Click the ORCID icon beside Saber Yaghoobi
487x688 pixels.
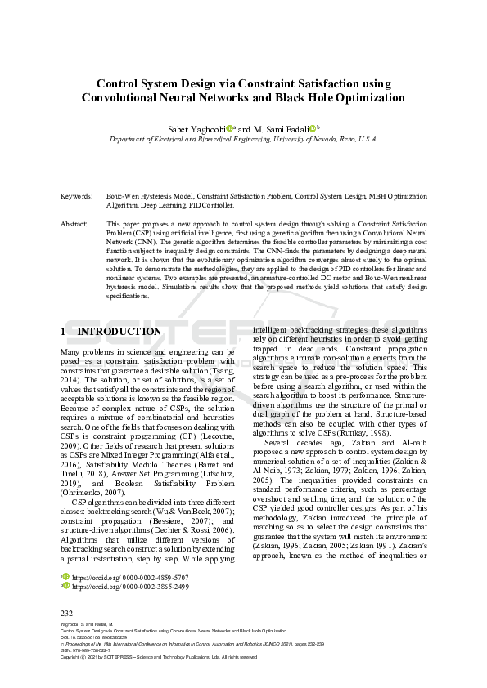(231, 127)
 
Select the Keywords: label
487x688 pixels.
(77, 197)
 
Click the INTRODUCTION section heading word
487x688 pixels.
(119, 332)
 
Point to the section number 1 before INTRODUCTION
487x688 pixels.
(64, 332)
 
